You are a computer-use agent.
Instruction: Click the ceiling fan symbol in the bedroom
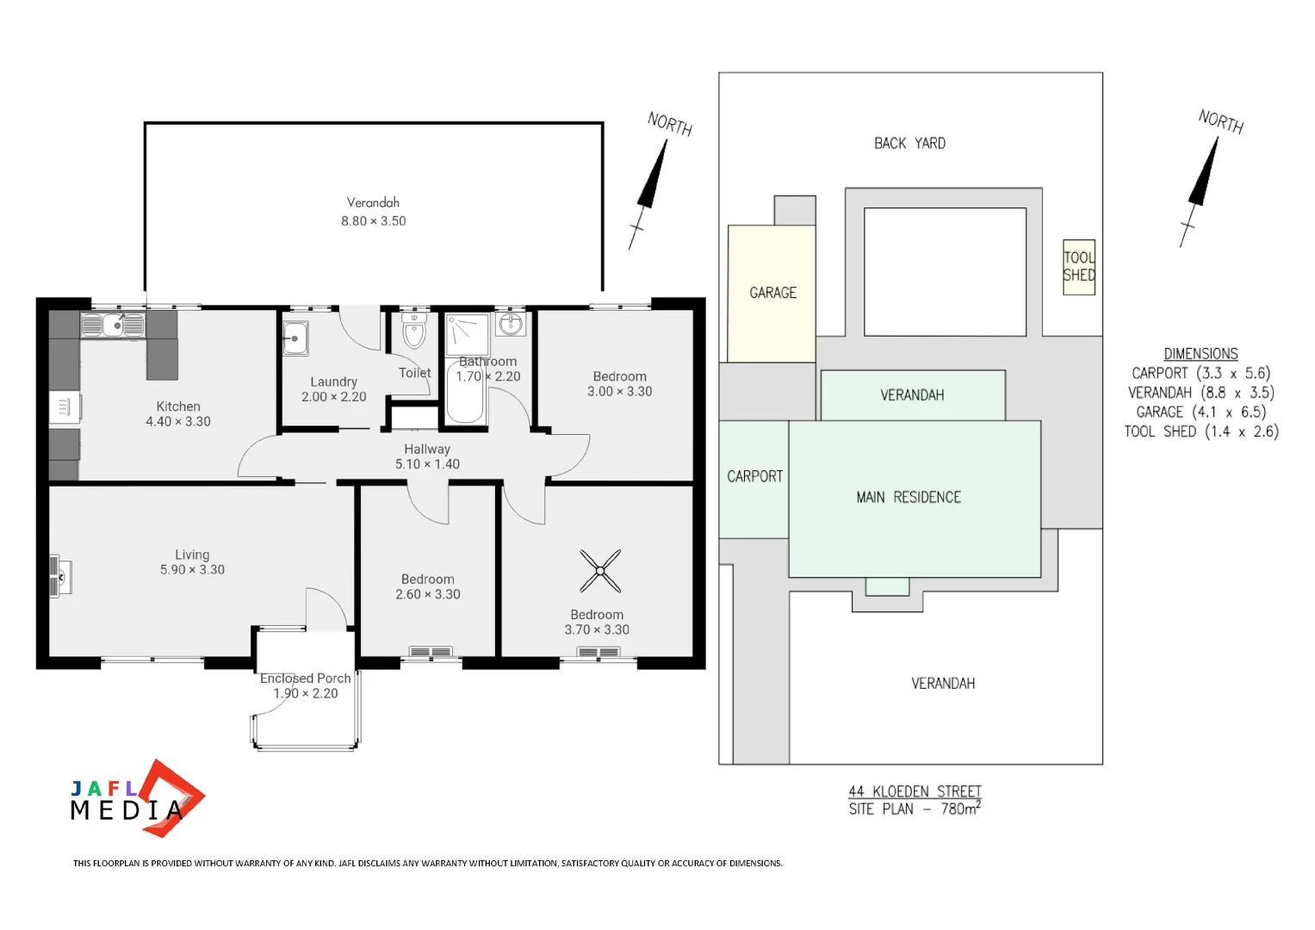(600, 571)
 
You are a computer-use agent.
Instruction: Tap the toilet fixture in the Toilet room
(414, 330)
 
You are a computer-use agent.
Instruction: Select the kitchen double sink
(113, 325)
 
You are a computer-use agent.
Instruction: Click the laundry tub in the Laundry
(295, 338)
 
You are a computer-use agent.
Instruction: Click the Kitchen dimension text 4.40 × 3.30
(178, 422)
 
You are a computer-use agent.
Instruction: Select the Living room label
(192, 555)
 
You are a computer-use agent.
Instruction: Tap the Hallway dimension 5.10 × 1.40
(427, 464)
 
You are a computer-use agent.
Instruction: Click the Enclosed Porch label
(305, 679)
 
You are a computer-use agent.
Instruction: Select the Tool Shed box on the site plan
(1078, 267)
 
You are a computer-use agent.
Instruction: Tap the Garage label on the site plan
(772, 293)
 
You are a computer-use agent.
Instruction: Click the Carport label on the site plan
(754, 476)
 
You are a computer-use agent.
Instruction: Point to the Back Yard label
(909, 144)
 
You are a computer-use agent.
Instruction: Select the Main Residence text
(908, 498)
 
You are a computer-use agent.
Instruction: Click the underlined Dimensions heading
(1200, 354)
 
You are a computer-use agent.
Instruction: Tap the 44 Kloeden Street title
(915, 791)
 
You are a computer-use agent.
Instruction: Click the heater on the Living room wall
(59, 576)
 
